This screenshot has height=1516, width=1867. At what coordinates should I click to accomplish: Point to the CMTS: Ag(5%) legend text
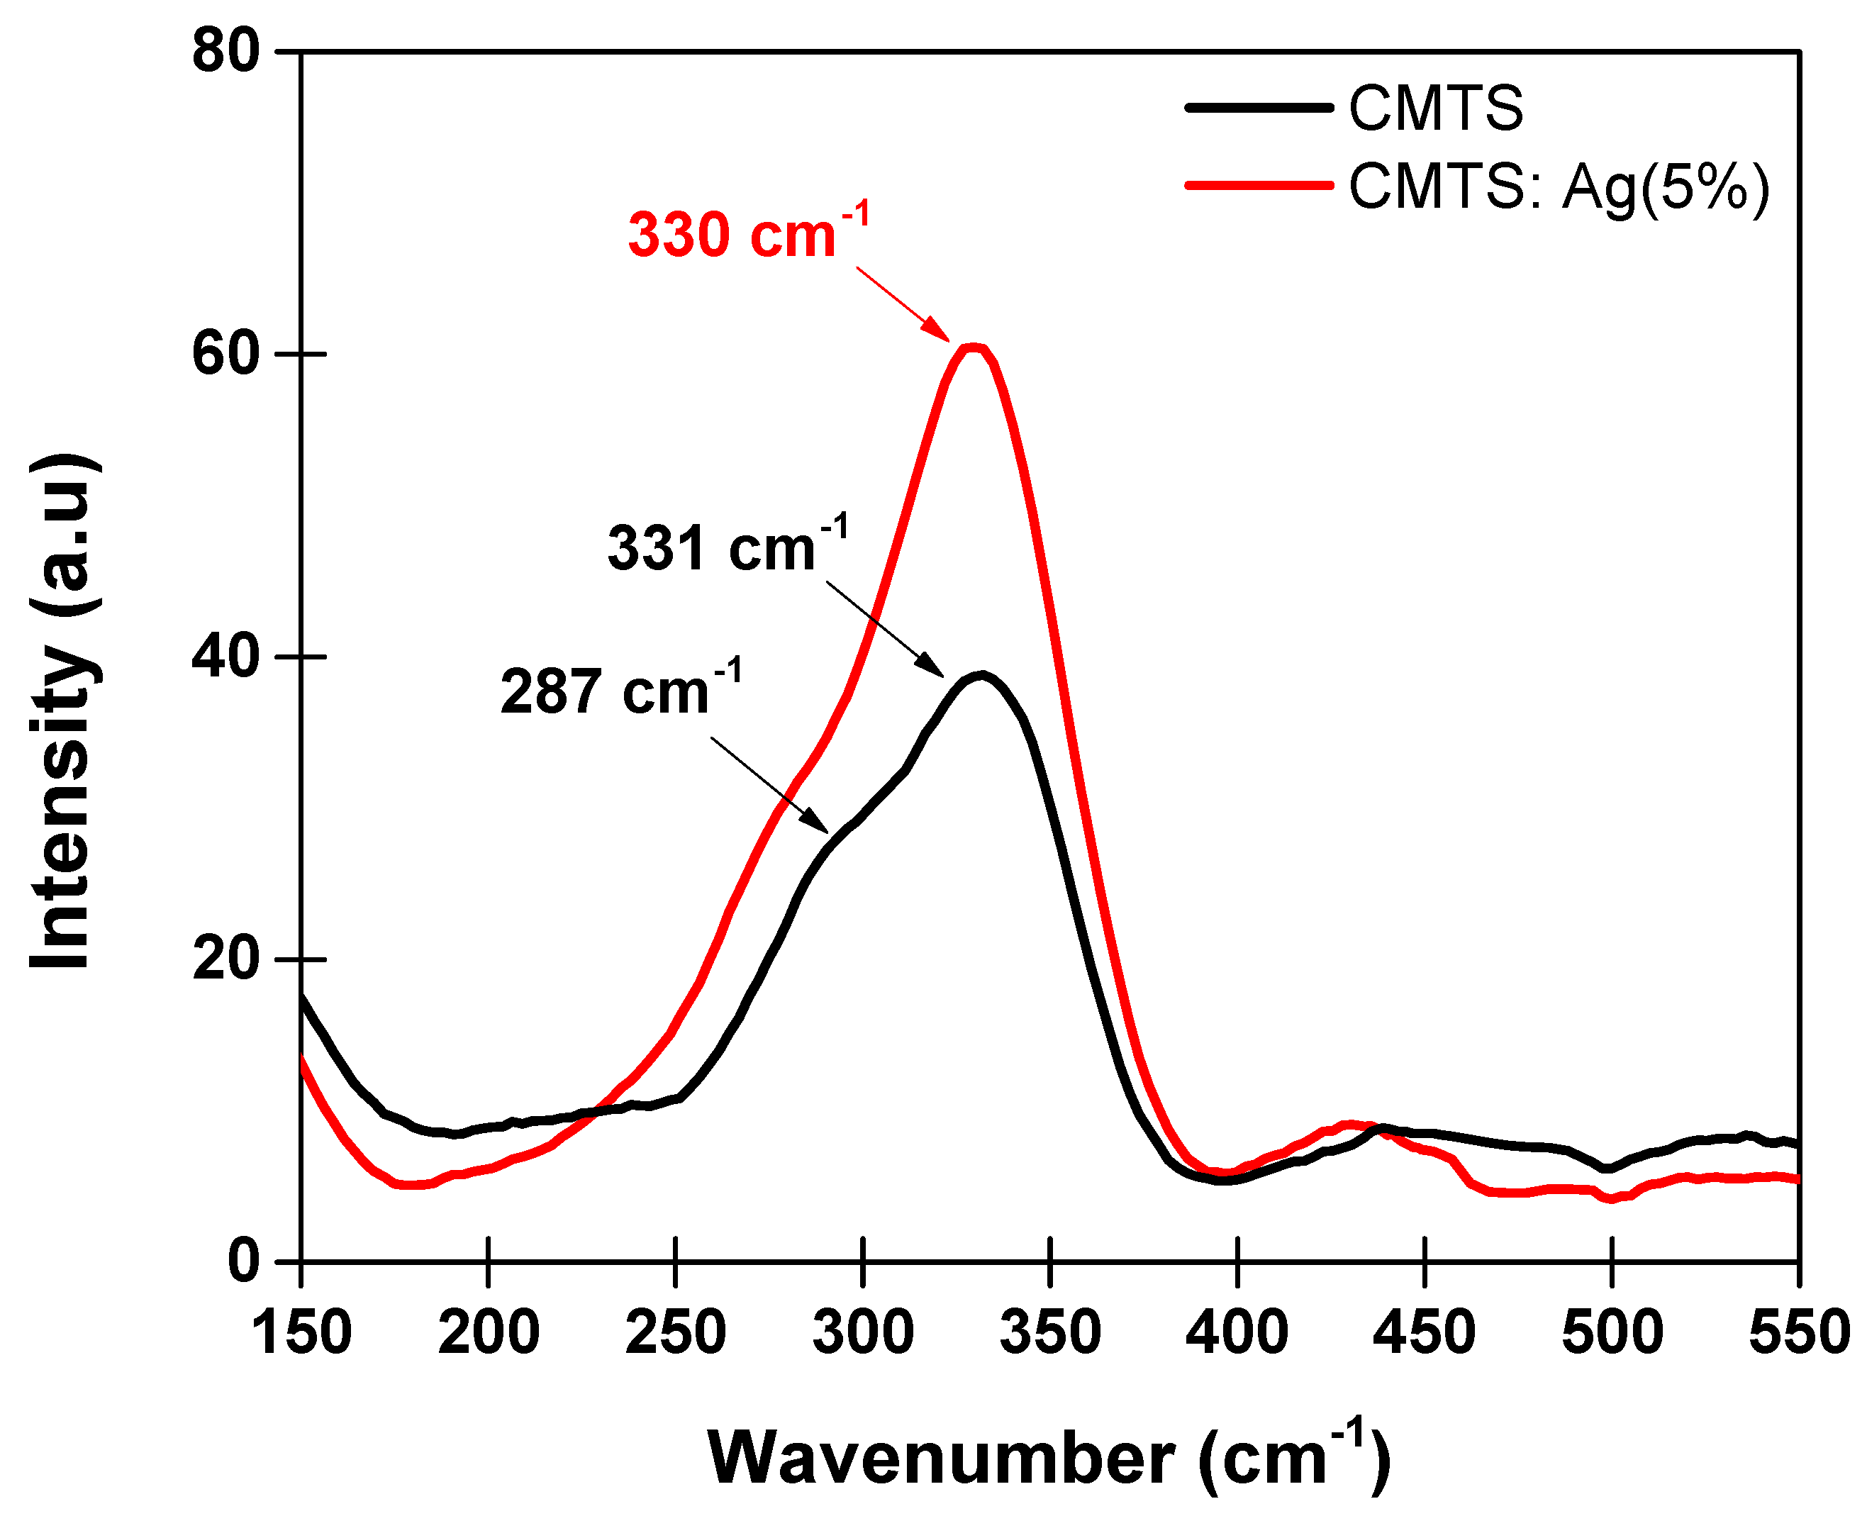[x=1558, y=186]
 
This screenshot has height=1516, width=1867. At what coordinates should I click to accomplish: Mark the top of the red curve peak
[x=973, y=347]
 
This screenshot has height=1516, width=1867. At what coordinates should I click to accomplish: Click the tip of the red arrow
[x=948, y=340]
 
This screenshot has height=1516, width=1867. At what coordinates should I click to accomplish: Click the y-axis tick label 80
[x=226, y=50]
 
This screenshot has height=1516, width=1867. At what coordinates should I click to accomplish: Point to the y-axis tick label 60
[x=226, y=354]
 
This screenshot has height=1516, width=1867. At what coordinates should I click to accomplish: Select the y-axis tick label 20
[x=226, y=959]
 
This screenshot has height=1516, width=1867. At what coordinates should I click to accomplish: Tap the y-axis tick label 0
[x=244, y=1261]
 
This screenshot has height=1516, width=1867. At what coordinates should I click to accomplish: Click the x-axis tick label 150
[x=301, y=1332]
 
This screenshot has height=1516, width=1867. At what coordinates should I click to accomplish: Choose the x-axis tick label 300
[x=863, y=1332]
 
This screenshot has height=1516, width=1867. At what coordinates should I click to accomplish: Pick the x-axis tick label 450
[x=1425, y=1332]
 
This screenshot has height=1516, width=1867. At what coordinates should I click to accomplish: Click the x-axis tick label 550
[x=1799, y=1332]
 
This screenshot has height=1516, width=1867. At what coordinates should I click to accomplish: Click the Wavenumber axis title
[x=1048, y=1456]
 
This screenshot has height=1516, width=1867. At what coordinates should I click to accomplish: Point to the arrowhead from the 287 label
[x=825, y=830]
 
